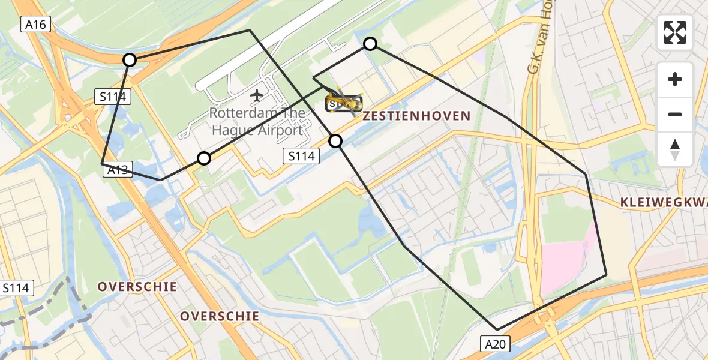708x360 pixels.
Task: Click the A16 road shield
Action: (36, 24)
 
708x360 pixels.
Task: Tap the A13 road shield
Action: (118, 170)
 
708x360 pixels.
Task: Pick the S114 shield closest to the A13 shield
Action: (113, 96)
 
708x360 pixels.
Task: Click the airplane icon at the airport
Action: (257, 95)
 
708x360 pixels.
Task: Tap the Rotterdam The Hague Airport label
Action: (256, 122)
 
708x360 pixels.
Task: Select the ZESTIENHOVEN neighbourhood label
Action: (416, 116)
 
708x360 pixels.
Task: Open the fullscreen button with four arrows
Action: (675, 32)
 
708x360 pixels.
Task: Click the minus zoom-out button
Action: (675, 114)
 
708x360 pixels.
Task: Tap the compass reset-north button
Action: (675, 149)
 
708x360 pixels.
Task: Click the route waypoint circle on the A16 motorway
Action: (130, 59)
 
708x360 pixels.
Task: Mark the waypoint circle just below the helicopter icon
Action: (335, 141)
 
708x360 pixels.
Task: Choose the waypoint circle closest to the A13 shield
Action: (204, 158)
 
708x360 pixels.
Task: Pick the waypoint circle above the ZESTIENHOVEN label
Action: (370, 44)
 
